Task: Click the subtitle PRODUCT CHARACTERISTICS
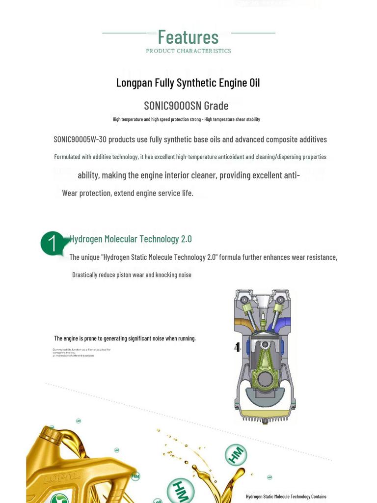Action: point(188,51)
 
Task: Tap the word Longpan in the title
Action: point(134,83)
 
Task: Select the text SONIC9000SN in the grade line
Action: point(173,106)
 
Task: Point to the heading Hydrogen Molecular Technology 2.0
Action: point(131,239)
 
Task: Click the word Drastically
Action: point(84,275)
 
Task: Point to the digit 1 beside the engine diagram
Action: point(238,347)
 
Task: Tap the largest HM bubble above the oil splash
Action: point(236,454)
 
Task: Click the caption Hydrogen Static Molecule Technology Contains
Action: point(286,497)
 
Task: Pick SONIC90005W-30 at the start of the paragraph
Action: point(80,140)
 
